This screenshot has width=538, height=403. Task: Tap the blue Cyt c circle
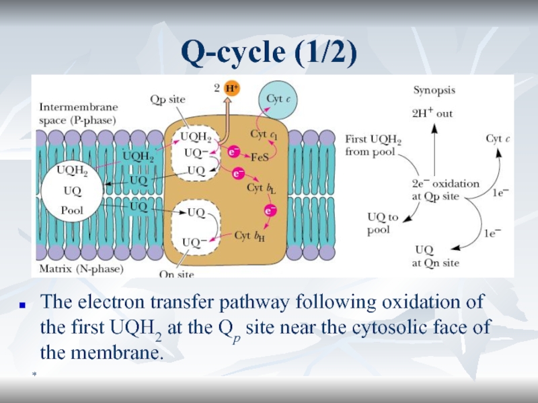[x=276, y=99]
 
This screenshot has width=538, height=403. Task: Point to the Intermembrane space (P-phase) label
[x=78, y=114]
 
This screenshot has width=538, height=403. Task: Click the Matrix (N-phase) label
[x=81, y=269]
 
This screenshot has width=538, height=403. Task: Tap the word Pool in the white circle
[x=72, y=210]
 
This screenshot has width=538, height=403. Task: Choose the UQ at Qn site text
[x=437, y=256]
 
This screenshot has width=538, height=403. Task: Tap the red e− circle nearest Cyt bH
[x=270, y=211]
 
